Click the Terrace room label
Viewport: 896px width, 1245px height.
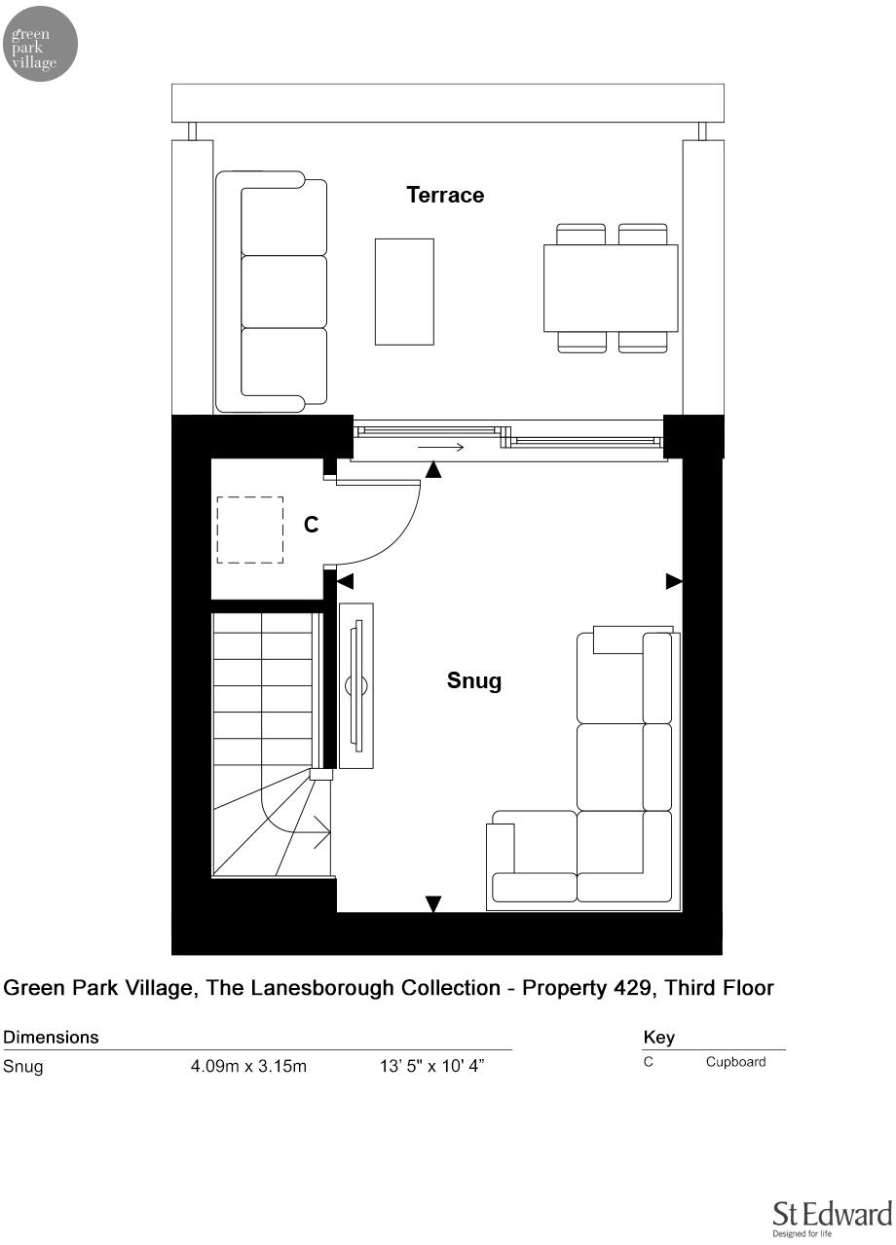[x=445, y=195]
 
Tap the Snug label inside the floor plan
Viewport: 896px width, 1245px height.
[x=474, y=680]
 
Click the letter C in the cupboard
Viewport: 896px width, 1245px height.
[x=311, y=525]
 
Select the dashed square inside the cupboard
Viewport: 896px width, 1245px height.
[x=249, y=530]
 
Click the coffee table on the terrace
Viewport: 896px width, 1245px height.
[x=404, y=291]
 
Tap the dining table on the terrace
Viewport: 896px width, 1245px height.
[x=611, y=288]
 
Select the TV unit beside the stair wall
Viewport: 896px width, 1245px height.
[x=355, y=685]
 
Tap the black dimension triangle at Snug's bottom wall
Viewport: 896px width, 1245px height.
[x=433, y=904]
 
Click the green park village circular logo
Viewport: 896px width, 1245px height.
[x=41, y=43]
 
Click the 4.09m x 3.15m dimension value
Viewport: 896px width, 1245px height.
[x=248, y=1066]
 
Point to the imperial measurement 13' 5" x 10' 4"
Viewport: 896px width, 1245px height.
[x=431, y=1066]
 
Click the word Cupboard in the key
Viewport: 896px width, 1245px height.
[x=735, y=1062]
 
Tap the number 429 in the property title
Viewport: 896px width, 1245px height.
[x=611, y=988]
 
